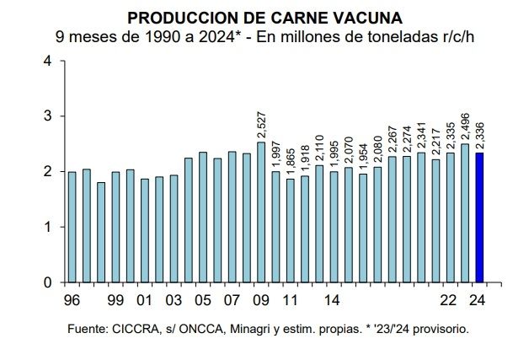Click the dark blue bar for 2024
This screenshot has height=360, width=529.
click(479, 218)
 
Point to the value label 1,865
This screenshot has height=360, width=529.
click(290, 160)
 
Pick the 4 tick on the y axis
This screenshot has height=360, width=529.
click(47, 61)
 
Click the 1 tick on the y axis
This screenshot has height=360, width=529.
click(47, 227)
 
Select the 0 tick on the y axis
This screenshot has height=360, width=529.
click(47, 282)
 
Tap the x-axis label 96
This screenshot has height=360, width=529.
click(72, 300)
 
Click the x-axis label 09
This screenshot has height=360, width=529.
click(261, 300)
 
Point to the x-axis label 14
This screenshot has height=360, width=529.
click(333, 300)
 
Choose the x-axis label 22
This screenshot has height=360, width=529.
click(450, 300)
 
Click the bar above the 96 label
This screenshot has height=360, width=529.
click(72, 227)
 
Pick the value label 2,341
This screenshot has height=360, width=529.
click(421, 135)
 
